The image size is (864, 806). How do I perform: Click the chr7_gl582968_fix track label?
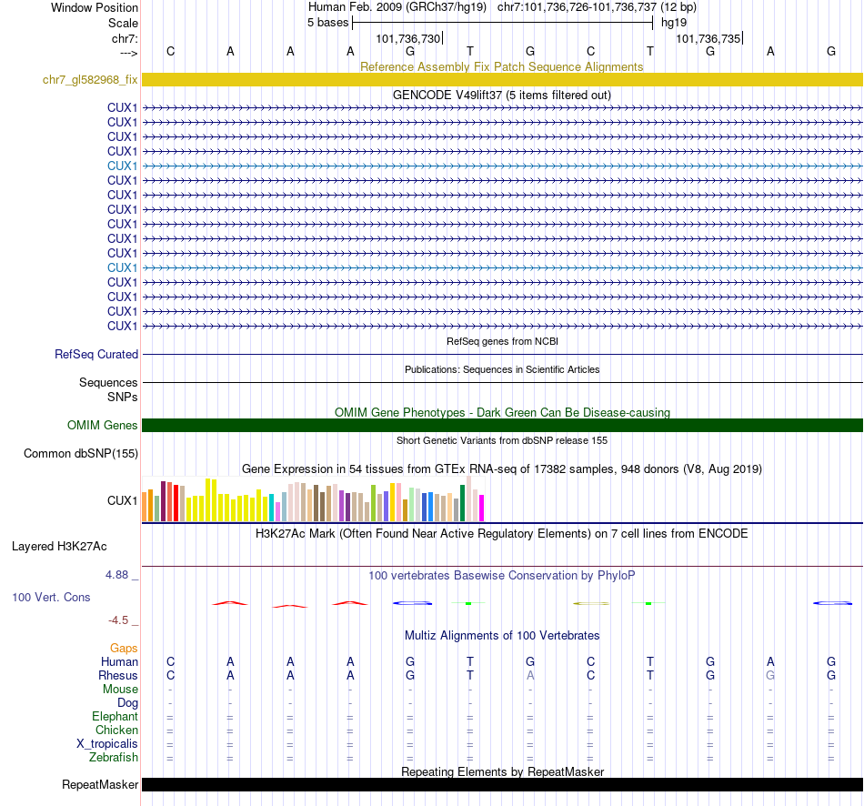(90, 79)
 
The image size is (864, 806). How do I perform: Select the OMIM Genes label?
(103, 425)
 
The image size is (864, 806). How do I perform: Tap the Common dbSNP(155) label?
(81, 453)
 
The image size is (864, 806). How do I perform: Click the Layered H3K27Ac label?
(59, 547)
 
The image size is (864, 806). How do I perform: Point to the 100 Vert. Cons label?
(51, 598)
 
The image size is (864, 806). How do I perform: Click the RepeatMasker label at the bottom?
(100, 784)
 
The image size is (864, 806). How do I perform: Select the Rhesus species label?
(118, 676)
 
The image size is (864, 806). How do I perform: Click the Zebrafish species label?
(114, 758)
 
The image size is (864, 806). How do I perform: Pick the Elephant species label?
(115, 717)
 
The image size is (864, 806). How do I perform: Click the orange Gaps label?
(124, 648)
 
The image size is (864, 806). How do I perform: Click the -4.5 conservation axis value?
(124, 620)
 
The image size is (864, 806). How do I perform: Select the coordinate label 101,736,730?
(407, 39)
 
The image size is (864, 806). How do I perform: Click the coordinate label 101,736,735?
(708, 39)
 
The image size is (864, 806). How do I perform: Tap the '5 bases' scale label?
(328, 22)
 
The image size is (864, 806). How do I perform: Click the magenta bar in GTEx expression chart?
(481, 508)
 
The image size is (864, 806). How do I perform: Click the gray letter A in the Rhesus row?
(530, 676)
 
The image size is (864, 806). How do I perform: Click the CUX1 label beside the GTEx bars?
(122, 500)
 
